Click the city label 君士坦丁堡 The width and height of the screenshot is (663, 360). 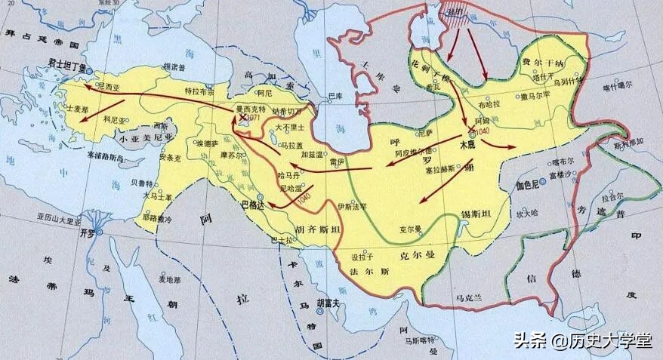tap(70, 66)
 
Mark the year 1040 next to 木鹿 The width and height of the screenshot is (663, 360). tap(484, 131)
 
